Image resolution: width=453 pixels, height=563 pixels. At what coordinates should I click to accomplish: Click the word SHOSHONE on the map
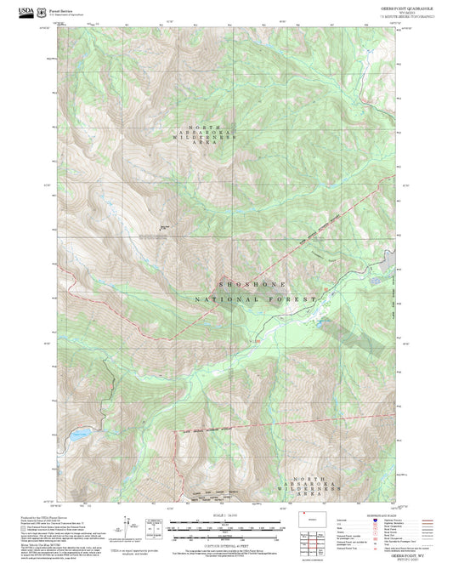(252, 283)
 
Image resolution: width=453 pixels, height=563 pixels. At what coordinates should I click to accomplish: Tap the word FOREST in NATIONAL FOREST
(294, 299)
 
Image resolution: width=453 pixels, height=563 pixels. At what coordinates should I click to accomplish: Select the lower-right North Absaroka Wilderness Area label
(316, 486)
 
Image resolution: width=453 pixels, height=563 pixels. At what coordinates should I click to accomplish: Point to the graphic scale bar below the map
(226, 527)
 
